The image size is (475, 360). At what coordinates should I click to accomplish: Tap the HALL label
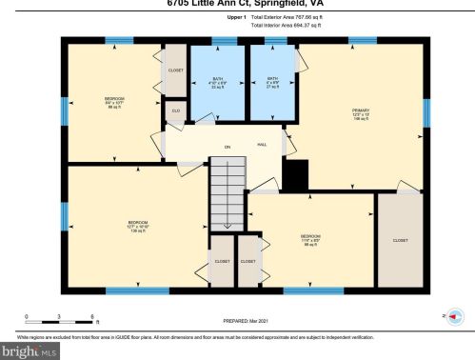pos(262,145)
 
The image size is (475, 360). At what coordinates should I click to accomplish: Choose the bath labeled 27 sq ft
pos(272,83)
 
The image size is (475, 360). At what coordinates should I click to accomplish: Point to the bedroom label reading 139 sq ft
pos(138,226)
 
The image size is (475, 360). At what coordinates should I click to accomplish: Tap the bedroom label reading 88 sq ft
pos(114,102)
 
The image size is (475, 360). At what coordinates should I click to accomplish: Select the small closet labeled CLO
pos(175,111)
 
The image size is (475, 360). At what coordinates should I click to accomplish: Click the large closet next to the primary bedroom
pos(400,240)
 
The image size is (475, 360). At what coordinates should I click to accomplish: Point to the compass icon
pos(455,315)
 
